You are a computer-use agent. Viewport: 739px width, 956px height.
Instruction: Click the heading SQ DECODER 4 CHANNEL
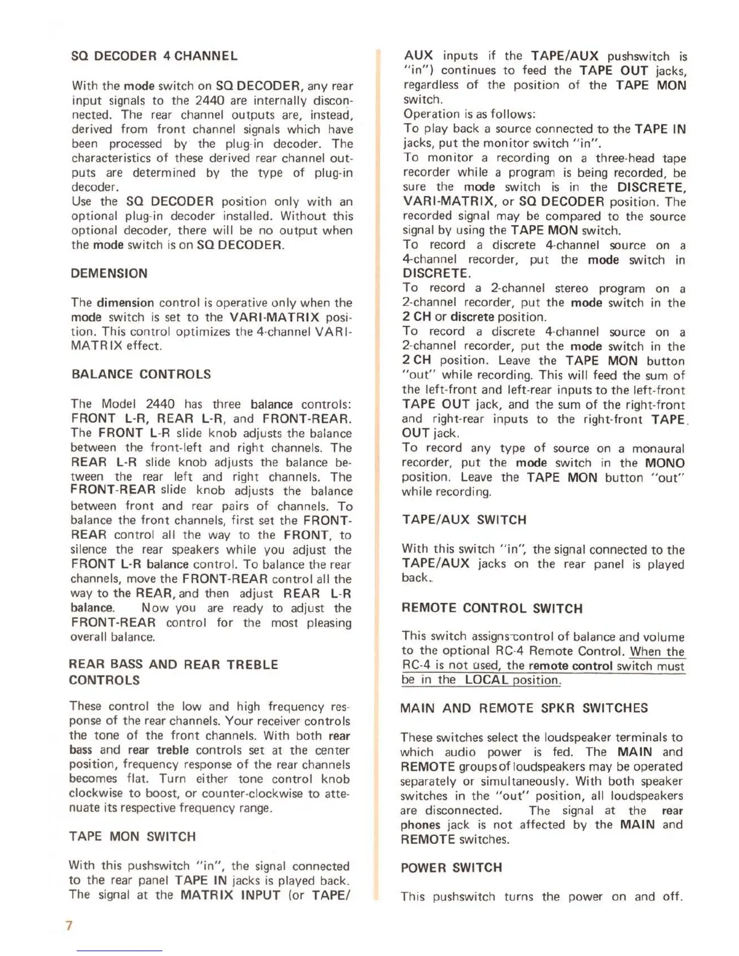point(154,56)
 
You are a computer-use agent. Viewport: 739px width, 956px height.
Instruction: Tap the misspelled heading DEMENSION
point(109,273)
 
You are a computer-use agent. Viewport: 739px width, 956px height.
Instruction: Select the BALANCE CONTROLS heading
point(141,374)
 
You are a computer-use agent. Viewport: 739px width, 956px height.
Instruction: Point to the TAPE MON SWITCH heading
point(132,836)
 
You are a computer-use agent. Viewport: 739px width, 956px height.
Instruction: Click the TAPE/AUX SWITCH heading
point(464,520)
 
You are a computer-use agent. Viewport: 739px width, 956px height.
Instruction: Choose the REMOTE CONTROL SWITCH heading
point(491,608)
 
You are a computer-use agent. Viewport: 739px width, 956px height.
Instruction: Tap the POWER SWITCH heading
point(451,867)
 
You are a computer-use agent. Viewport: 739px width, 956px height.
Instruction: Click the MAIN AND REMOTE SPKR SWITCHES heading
point(523,708)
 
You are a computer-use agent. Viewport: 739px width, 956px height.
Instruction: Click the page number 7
point(69,925)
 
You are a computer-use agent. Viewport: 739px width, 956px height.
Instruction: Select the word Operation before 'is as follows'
point(431,114)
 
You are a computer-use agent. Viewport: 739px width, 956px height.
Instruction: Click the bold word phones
point(420,825)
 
